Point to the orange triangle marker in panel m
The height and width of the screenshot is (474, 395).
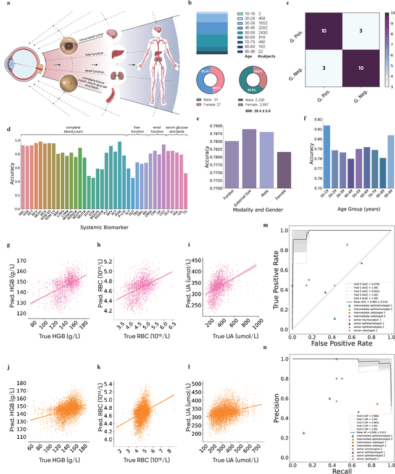347,244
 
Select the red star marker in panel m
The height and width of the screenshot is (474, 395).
362,264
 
